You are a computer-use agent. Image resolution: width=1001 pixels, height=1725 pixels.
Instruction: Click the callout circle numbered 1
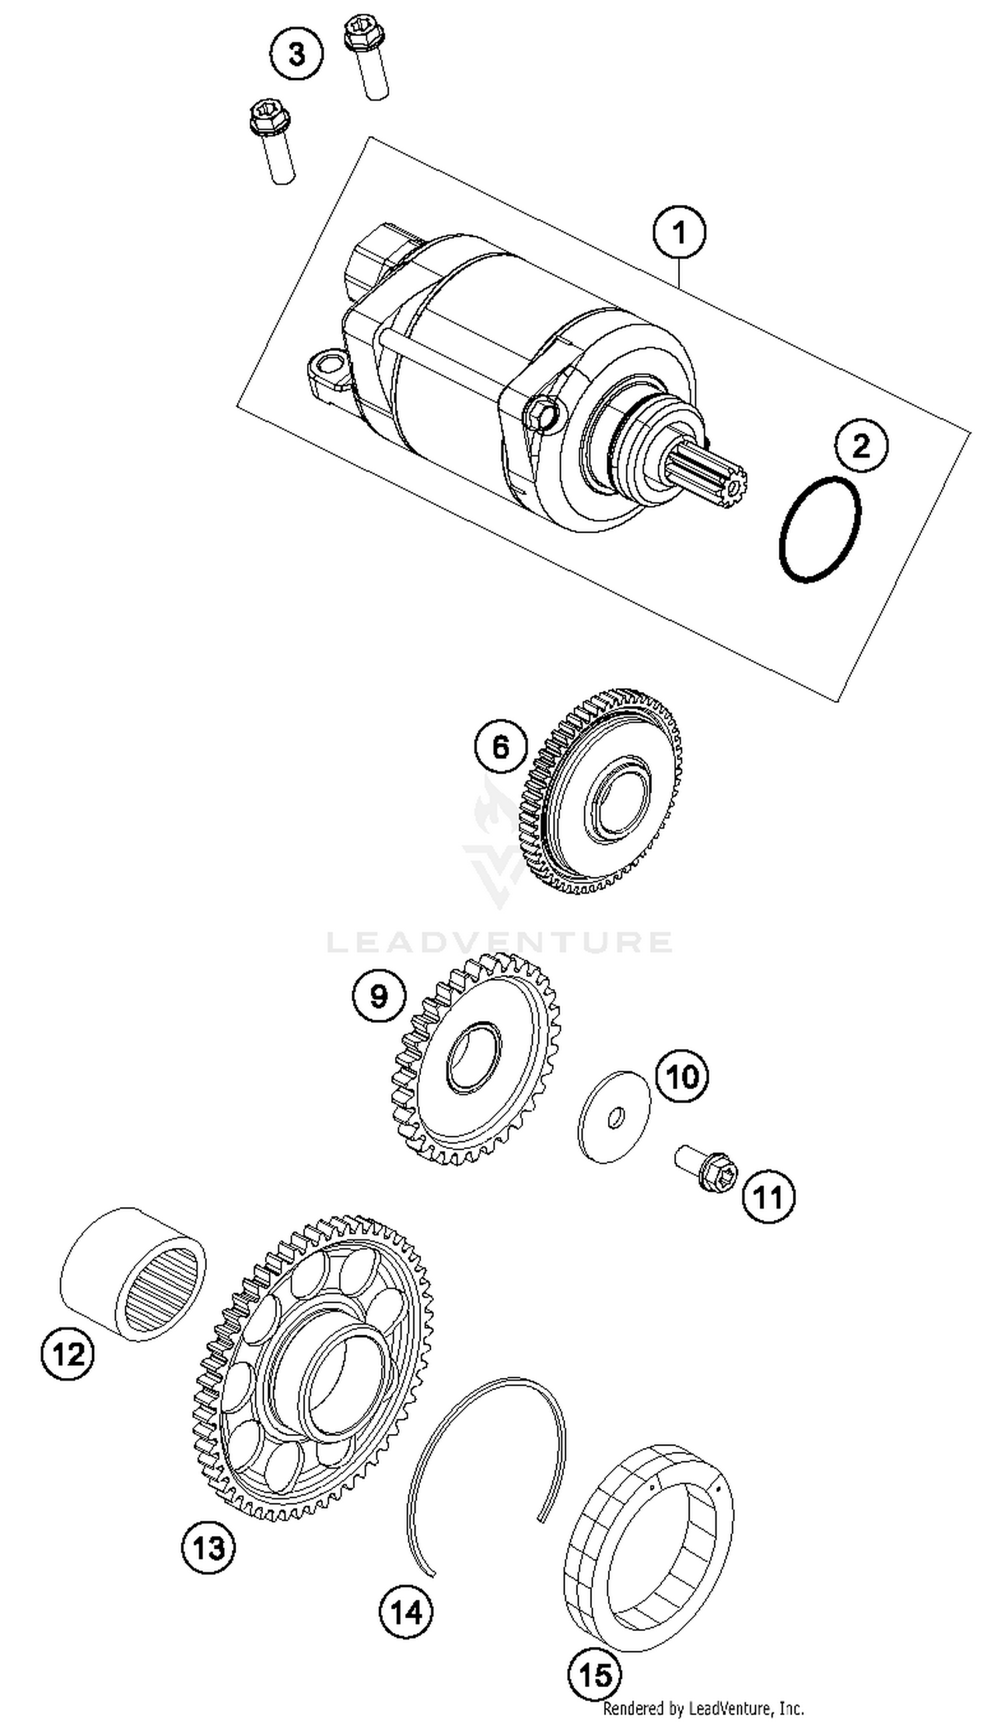click(x=679, y=234)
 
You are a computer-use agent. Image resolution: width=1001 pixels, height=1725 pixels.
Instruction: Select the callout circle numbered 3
click(x=296, y=54)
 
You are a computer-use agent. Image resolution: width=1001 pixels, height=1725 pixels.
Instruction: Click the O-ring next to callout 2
click(x=819, y=530)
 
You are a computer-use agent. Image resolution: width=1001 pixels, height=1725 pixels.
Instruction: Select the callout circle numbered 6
click(x=500, y=745)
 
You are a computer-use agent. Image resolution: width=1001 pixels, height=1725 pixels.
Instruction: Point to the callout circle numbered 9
click(x=378, y=996)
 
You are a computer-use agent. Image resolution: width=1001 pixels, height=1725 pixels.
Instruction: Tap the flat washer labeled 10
click(x=613, y=1116)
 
